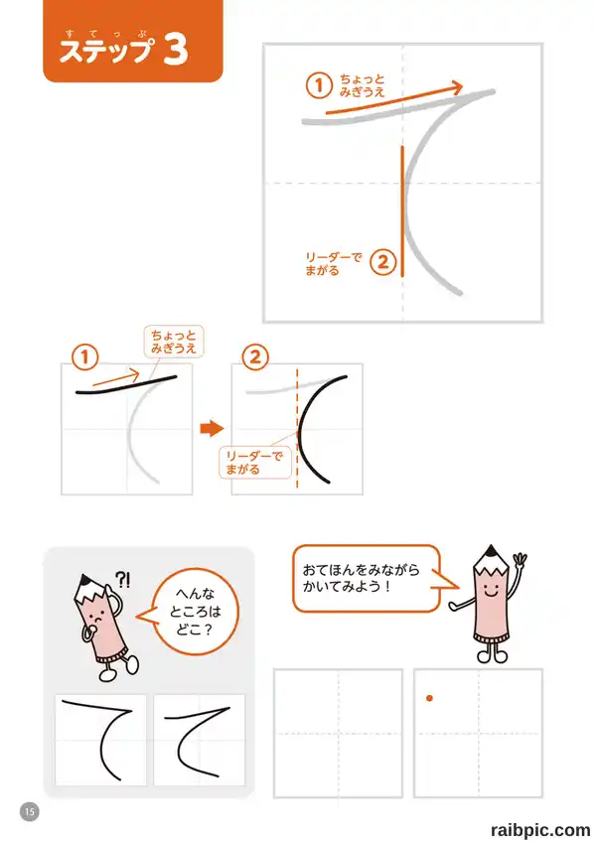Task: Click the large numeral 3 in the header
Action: (176, 50)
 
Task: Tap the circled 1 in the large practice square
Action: (319, 85)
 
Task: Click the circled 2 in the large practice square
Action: (383, 262)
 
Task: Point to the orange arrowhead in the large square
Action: (456, 87)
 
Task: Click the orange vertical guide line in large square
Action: (402, 210)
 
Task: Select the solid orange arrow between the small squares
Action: (212, 429)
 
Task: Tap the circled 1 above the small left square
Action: (84, 357)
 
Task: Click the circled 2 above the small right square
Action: (255, 357)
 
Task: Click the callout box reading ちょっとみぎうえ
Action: (174, 342)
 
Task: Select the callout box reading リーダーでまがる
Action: (255, 463)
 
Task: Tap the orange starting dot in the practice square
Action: (429, 698)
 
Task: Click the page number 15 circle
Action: (30, 811)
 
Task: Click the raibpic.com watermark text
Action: (540, 830)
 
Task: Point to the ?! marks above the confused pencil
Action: (123, 580)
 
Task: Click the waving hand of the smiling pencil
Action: (520, 561)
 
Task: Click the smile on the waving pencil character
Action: (492, 593)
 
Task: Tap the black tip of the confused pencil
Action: (84, 580)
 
